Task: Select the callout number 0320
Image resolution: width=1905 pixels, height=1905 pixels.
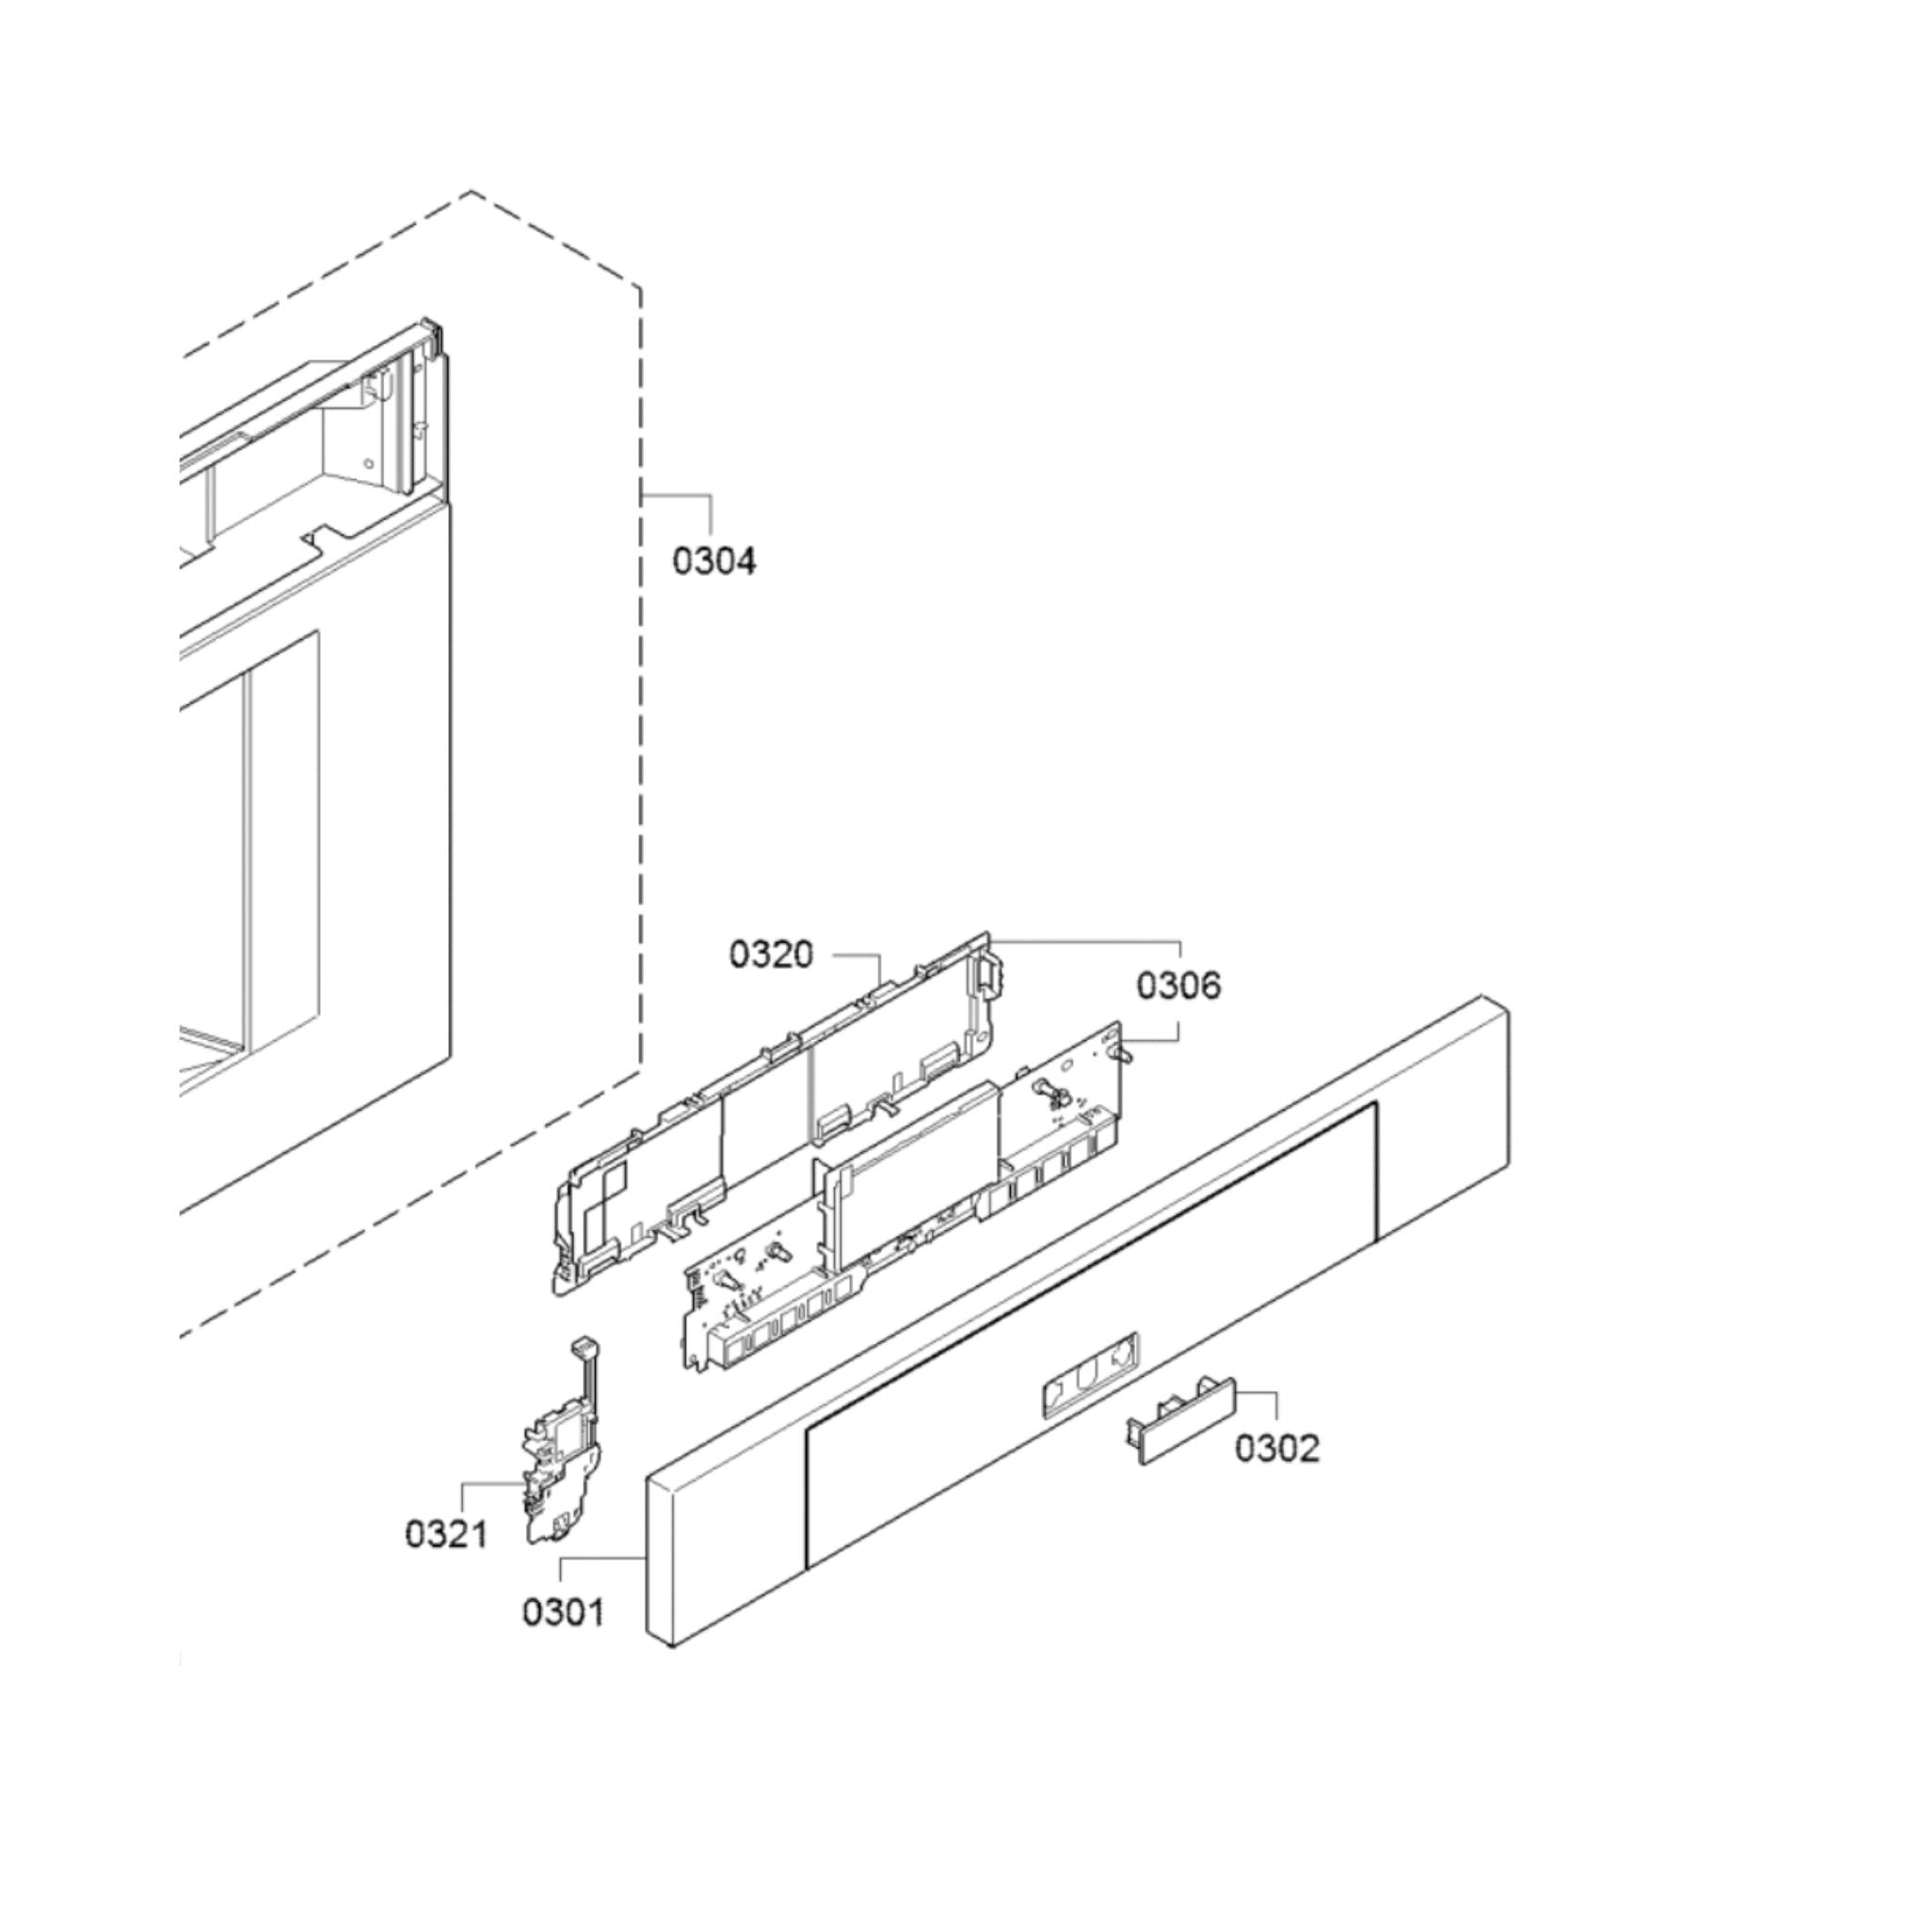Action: (771, 954)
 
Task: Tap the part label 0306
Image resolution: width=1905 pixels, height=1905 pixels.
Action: (1178, 985)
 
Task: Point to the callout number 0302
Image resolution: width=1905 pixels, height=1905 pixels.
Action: (1277, 1449)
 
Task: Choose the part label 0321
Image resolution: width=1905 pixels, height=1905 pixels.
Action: (447, 1534)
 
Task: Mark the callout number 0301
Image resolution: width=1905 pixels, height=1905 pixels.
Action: (563, 1612)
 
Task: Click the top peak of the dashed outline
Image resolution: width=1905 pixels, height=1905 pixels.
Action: (471, 191)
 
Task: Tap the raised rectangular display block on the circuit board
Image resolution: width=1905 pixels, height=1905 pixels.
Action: (917, 1172)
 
